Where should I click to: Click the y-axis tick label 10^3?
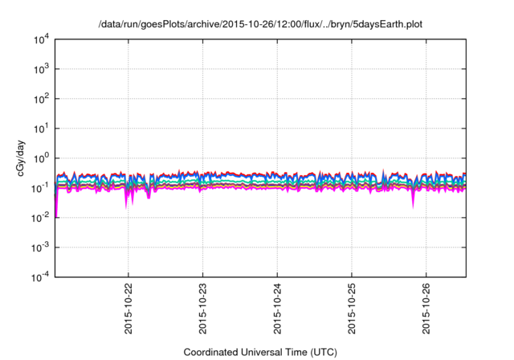pos(40,69)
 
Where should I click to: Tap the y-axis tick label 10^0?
pos(40,158)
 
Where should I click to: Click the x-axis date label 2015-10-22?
pos(128,309)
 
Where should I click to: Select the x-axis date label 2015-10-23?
pos(203,309)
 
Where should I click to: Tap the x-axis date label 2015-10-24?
pos(277,309)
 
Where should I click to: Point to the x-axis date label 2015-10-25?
pos(352,309)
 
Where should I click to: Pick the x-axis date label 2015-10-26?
pos(426,309)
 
